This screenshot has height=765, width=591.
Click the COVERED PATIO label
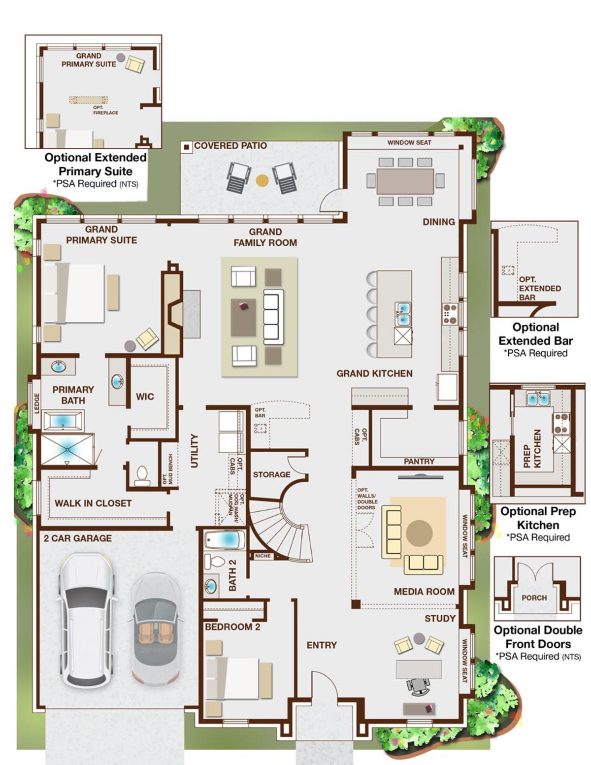[x=230, y=146]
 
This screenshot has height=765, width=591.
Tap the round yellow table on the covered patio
[x=262, y=180]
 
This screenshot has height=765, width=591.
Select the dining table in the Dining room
[x=405, y=181]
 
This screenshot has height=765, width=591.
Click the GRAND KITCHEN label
[x=374, y=373]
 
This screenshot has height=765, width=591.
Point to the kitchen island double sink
[x=402, y=314]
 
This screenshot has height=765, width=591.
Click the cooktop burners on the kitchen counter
[x=450, y=314]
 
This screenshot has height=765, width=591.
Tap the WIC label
[x=145, y=397]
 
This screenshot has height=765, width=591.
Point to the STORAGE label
[x=271, y=474]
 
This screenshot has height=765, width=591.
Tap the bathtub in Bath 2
[x=225, y=540]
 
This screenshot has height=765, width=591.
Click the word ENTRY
[x=322, y=645]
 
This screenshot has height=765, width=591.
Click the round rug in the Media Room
[x=419, y=532]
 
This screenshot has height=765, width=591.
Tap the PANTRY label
[x=419, y=461]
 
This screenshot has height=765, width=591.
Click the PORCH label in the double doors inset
[x=534, y=598]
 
